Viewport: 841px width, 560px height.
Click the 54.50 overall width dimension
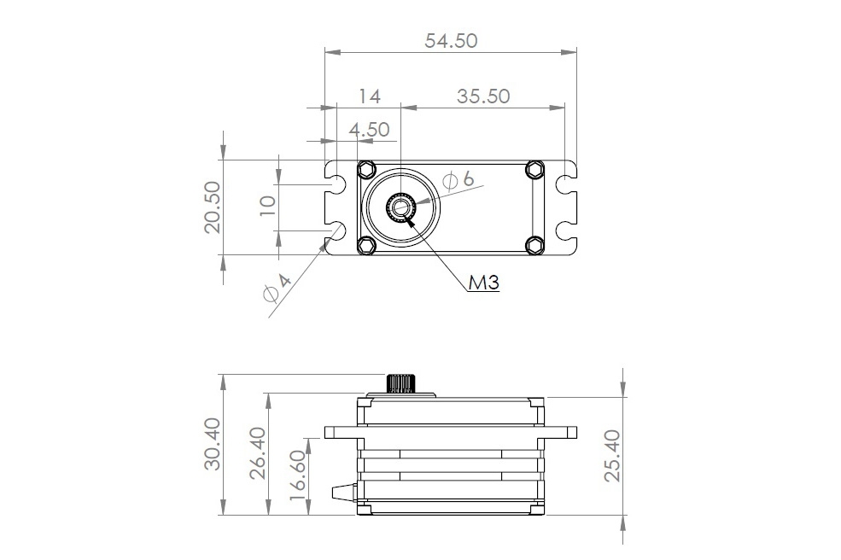coord(451,40)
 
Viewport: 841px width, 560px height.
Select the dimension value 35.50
coord(482,96)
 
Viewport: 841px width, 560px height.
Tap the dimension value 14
coord(369,96)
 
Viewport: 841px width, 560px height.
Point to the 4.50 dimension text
coord(369,130)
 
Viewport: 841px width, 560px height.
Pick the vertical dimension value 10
coord(266,207)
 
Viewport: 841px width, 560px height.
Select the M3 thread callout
coord(483,283)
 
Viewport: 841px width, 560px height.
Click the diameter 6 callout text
coord(458,179)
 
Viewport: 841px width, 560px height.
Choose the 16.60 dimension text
coord(299,475)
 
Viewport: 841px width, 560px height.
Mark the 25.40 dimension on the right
coord(612,456)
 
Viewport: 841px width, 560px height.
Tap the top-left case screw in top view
coord(367,167)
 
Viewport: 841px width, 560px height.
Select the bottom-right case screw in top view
coord(534,245)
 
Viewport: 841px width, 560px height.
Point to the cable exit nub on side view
coord(343,492)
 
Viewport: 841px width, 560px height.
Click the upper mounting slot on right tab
coord(563,184)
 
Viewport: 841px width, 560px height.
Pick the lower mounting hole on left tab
coord(336,230)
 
